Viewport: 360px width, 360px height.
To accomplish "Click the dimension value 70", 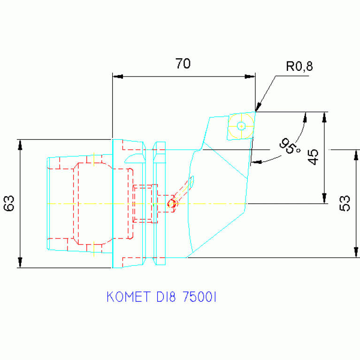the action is pyautogui.click(x=183, y=63).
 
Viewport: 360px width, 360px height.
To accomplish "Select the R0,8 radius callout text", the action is pyautogui.click(x=299, y=66).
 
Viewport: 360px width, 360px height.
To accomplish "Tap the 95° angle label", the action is pyautogui.click(x=290, y=146).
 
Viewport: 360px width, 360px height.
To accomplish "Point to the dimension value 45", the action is pyautogui.click(x=313, y=157).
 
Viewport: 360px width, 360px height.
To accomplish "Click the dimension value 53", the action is pyautogui.click(x=345, y=203).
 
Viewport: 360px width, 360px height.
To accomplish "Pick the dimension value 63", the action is pyautogui.click(x=9, y=203).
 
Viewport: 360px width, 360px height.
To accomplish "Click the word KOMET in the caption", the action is pyautogui.click(x=129, y=297).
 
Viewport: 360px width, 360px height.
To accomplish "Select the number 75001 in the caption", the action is pyautogui.click(x=199, y=297).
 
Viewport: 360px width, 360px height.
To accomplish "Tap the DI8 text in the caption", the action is pyautogui.click(x=166, y=297).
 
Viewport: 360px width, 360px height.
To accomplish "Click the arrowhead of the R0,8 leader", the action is pyautogui.click(x=258, y=107).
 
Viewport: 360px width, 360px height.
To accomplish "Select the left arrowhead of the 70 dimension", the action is pyautogui.click(x=118, y=77).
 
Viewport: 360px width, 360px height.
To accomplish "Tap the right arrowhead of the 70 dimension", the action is pyautogui.click(x=250, y=77).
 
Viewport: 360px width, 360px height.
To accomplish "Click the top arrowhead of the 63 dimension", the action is pyautogui.click(x=20, y=145).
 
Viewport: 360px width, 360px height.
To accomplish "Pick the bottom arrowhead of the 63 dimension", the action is pyautogui.click(x=20, y=262).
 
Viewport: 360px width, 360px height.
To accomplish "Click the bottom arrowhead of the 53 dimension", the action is pyautogui.click(x=356, y=253).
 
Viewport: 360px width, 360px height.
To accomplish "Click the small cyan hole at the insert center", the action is pyautogui.click(x=241, y=126).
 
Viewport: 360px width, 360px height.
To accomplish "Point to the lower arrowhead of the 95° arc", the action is pyautogui.click(x=256, y=162).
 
